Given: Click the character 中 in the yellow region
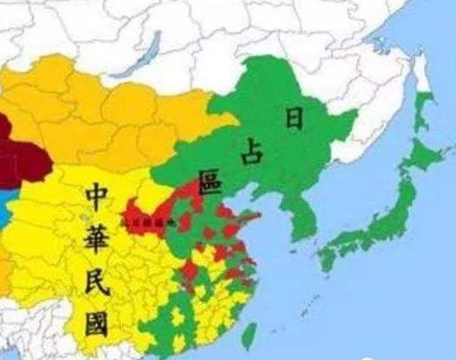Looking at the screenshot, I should (97, 198).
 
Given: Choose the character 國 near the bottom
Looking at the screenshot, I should (97, 325).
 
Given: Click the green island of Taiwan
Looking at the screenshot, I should (248, 335).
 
